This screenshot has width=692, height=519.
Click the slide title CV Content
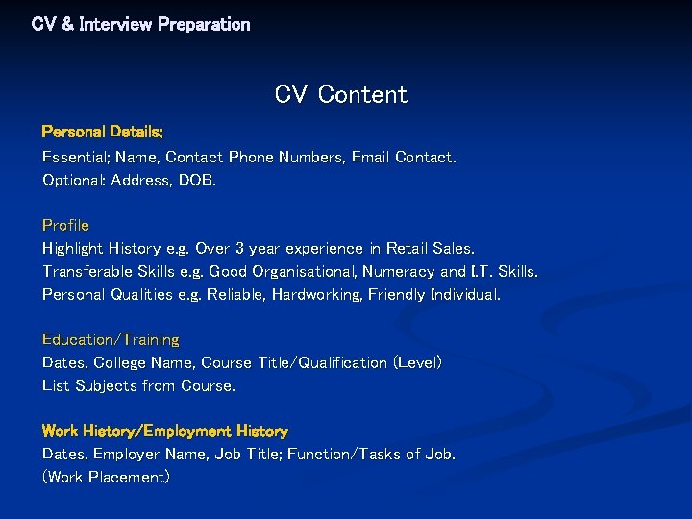340,94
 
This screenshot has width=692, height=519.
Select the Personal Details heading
103,131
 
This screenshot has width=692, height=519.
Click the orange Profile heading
65,225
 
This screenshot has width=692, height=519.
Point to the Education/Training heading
111,339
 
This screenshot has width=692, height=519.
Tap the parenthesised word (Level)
417,362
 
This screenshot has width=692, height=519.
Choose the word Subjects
104,385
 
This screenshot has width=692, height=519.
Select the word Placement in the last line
129,477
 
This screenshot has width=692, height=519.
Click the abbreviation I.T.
483,271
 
